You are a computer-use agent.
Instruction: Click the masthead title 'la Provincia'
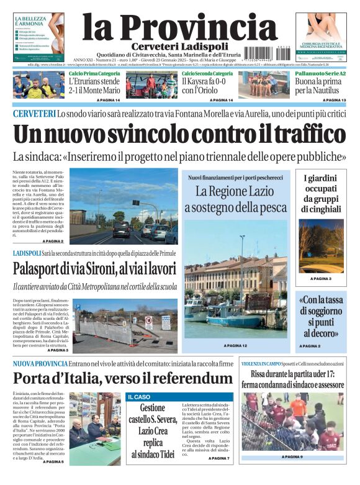(179, 27)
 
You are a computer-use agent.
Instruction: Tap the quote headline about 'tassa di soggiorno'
(322, 317)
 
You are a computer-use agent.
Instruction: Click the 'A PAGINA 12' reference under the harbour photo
(235, 345)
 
